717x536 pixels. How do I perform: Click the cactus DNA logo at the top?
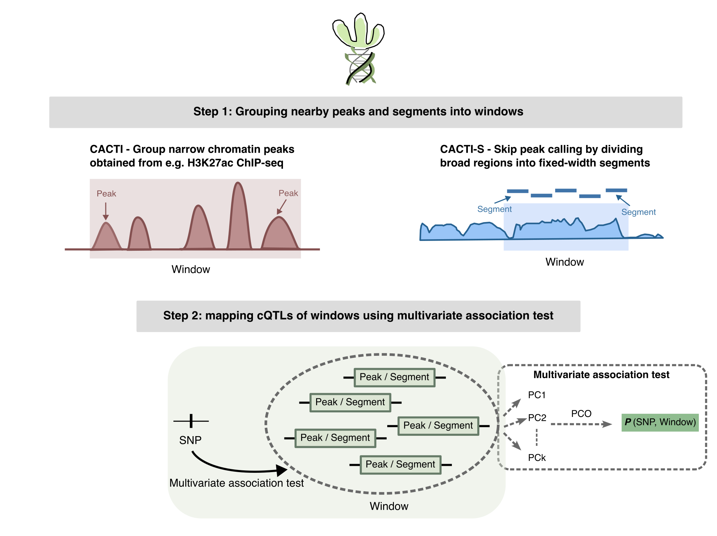click(x=358, y=49)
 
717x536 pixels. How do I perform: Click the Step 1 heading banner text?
click(x=358, y=111)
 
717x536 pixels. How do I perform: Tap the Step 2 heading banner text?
click(x=358, y=316)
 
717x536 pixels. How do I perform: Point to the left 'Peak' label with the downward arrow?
click(x=106, y=194)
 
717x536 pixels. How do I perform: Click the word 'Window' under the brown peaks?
click(x=191, y=270)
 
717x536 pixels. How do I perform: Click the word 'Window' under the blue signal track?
click(x=564, y=262)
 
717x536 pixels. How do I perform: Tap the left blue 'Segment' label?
click(x=494, y=209)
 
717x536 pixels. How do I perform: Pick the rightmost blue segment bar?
click(x=616, y=190)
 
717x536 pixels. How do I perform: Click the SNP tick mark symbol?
click(x=191, y=421)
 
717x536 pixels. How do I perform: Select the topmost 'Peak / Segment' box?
click(x=394, y=377)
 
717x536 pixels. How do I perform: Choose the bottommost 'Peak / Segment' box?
click(x=400, y=465)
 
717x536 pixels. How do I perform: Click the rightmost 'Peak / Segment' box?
click(x=438, y=426)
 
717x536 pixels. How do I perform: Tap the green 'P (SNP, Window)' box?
click(x=659, y=423)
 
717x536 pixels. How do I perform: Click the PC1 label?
click(x=537, y=395)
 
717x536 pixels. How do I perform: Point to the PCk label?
click(x=537, y=458)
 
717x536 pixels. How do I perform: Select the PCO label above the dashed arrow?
click(x=581, y=414)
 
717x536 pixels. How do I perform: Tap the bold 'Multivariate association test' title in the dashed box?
click(x=601, y=375)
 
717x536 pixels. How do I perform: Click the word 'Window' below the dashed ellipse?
click(x=389, y=506)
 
